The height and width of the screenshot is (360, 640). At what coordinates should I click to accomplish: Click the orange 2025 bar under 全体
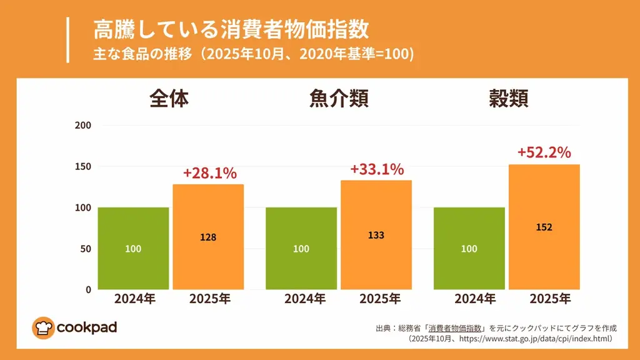(x=208, y=237)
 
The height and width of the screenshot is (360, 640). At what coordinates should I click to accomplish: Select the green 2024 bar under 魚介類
(x=301, y=248)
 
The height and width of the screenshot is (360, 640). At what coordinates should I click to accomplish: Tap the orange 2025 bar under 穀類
(x=544, y=227)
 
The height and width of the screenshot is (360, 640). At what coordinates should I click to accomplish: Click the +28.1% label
(x=209, y=173)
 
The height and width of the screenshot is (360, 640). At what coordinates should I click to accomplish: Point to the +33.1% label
(x=377, y=169)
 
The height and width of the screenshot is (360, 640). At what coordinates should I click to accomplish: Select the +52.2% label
(x=544, y=152)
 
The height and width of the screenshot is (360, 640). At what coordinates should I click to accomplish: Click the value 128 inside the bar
(x=208, y=237)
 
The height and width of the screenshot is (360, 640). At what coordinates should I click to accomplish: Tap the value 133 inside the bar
(x=376, y=236)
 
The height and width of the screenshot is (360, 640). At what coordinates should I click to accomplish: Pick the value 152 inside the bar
(x=544, y=227)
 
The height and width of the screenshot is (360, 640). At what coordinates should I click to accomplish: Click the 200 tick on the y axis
(x=83, y=125)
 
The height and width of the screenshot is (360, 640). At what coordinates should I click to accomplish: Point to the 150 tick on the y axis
(x=83, y=166)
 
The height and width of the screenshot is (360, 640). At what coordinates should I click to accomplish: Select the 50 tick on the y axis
(x=86, y=249)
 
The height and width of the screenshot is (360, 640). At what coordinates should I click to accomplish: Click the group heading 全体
(x=169, y=98)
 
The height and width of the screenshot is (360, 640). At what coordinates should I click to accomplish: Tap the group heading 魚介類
(x=338, y=98)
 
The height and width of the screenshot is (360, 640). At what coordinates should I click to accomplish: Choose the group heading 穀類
(x=508, y=98)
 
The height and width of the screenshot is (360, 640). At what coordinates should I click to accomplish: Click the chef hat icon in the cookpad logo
(x=43, y=327)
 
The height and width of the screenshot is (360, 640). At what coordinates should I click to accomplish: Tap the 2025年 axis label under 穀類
(x=550, y=299)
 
